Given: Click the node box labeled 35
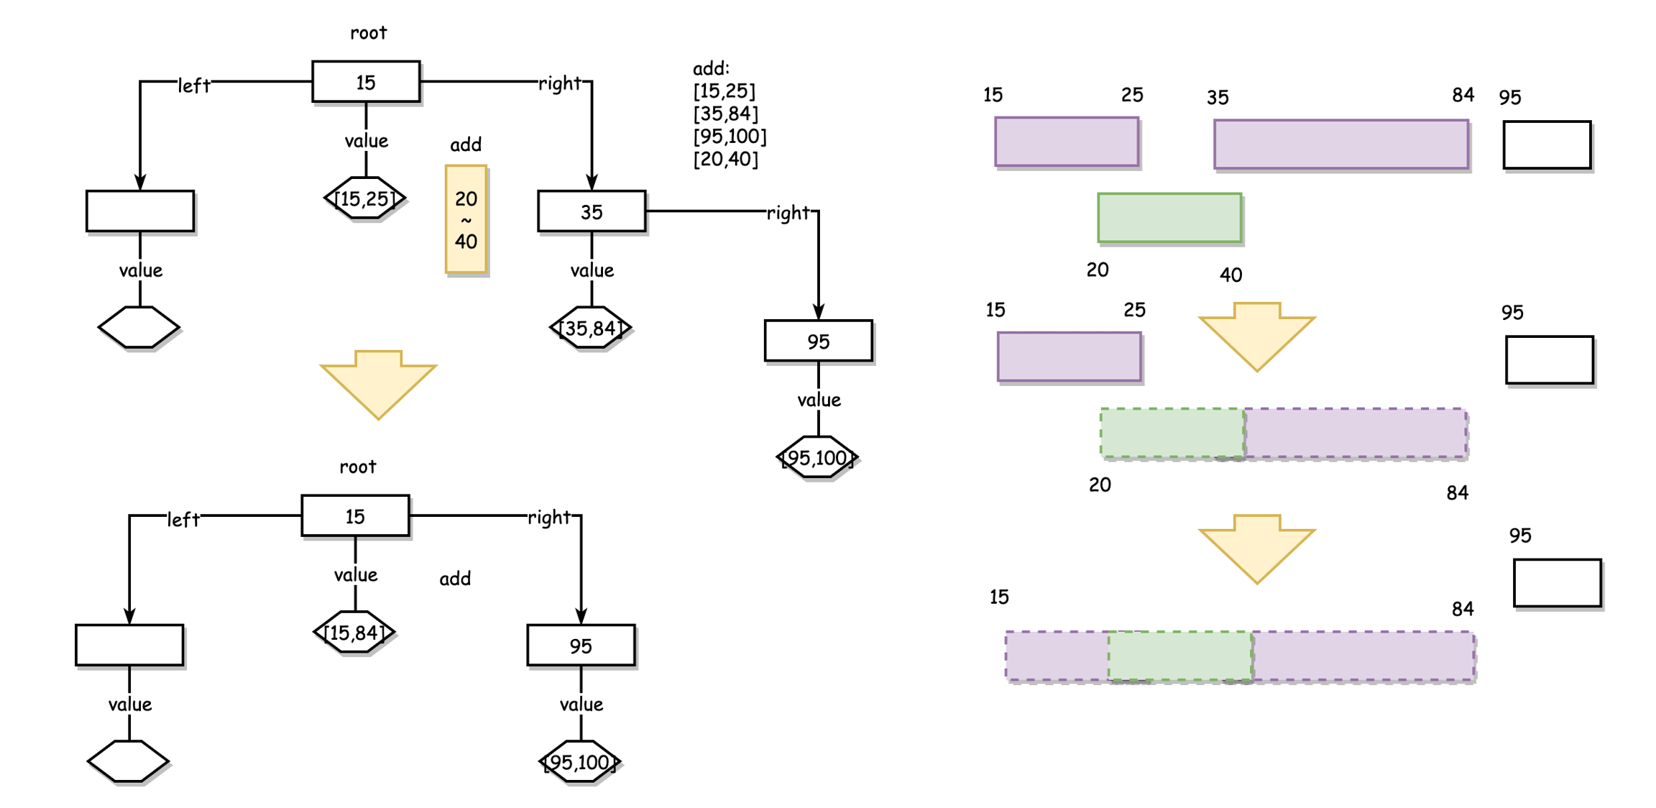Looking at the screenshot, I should (x=591, y=211).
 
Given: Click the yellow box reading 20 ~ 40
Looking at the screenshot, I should (x=466, y=219).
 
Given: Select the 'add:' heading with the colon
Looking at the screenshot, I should (x=711, y=68).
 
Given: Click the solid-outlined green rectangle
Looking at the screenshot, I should (x=1169, y=218).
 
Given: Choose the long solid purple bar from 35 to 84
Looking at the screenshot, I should (x=1340, y=144).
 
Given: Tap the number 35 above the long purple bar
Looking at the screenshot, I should (x=1218, y=97).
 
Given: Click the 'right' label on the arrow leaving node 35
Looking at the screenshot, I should (x=788, y=213).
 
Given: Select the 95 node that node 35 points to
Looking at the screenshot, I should (x=818, y=341).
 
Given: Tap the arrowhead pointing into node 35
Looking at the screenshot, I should (x=592, y=183).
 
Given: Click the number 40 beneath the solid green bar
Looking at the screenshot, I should (x=1230, y=275).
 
